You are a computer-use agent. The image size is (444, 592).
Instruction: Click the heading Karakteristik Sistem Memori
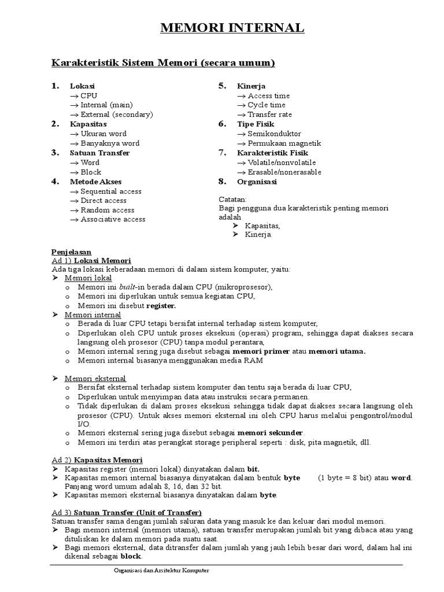click(x=163, y=62)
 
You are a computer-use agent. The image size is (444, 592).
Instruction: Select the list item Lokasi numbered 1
click(x=82, y=86)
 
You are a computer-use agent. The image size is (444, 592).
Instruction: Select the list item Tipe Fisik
click(x=255, y=124)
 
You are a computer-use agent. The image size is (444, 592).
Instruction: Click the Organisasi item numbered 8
click(x=257, y=182)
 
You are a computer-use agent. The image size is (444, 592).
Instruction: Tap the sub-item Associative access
click(x=113, y=220)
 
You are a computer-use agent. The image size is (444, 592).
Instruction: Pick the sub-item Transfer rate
click(x=269, y=114)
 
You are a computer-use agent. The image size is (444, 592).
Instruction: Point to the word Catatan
click(x=233, y=199)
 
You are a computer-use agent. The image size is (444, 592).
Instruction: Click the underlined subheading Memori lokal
click(x=88, y=278)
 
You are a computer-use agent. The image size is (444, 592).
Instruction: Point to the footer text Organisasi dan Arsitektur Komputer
click(x=161, y=571)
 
